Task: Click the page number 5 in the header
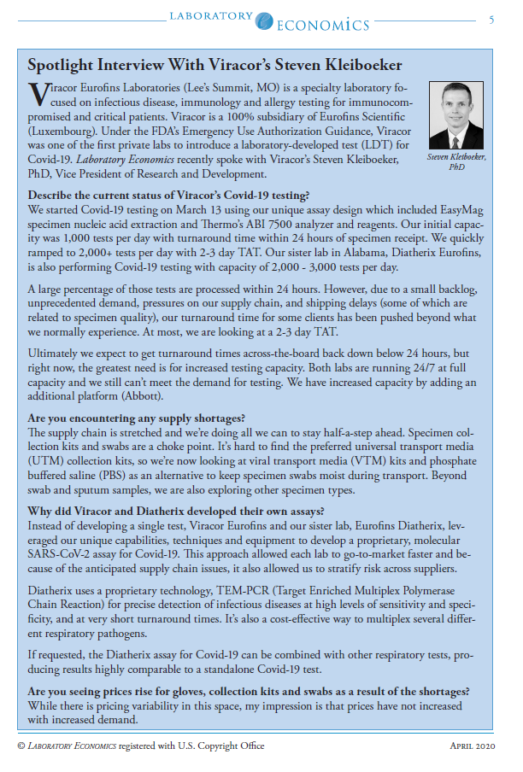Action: click(x=491, y=20)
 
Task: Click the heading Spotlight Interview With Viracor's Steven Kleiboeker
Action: click(x=214, y=66)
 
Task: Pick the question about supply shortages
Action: click(x=136, y=418)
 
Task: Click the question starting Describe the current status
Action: click(x=167, y=196)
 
